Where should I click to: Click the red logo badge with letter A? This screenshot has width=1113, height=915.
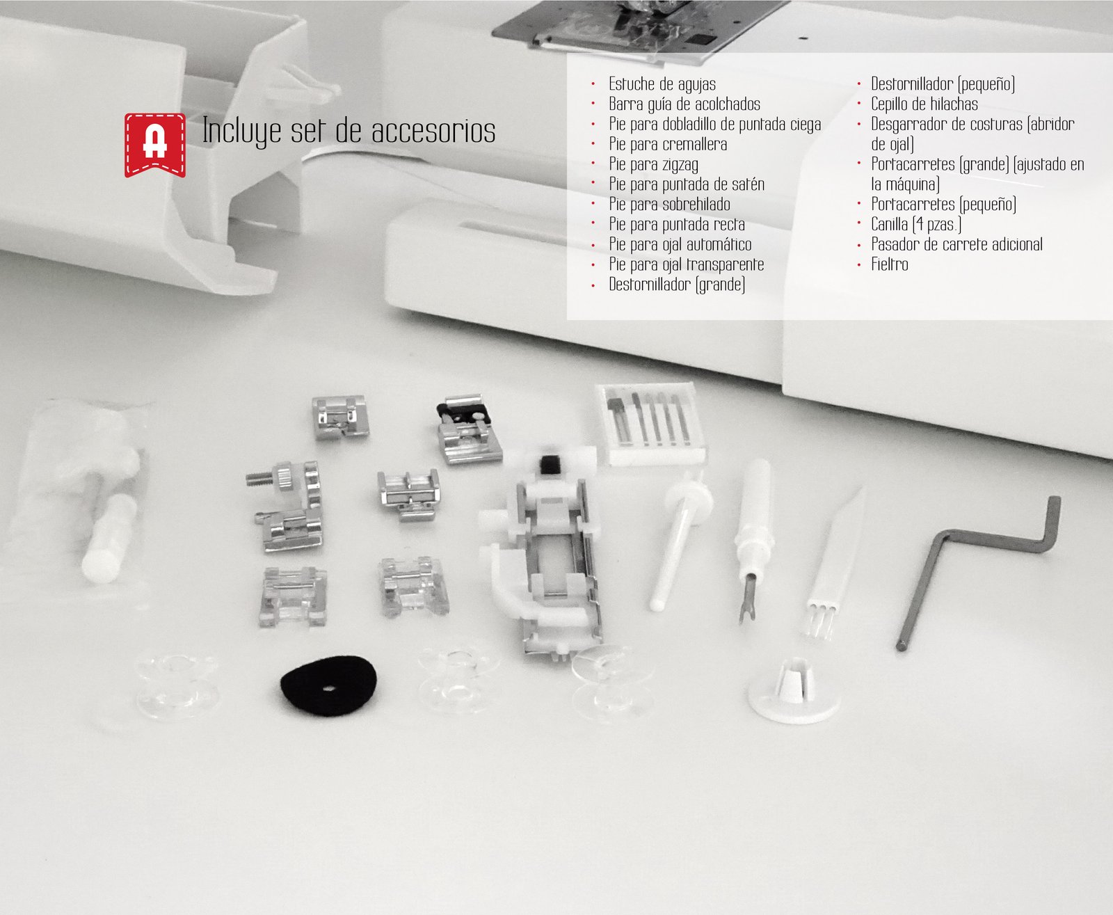[154, 145]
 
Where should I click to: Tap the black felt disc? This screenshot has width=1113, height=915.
[328, 685]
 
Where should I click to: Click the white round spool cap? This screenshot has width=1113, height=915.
[794, 692]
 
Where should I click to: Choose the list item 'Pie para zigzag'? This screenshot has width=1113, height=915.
[653, 165]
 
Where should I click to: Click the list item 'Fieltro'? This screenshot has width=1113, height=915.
[889, 264]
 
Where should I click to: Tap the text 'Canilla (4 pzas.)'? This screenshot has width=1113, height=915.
[916, 224]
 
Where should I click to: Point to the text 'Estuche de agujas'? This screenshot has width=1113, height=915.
[662, 84]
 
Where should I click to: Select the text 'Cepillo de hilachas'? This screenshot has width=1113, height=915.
[924, 104]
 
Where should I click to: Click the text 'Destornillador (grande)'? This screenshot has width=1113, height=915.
[677, 285]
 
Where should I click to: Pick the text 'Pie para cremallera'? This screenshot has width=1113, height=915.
[668, 144]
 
